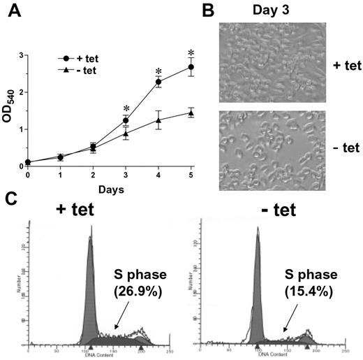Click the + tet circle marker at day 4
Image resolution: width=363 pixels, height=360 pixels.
(x=158, y=82)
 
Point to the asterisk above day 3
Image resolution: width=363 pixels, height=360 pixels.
(x=126, y=108)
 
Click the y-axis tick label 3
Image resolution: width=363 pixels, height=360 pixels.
(x=20, y=55)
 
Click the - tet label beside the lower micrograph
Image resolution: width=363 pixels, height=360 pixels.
(x=341, y=149)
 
